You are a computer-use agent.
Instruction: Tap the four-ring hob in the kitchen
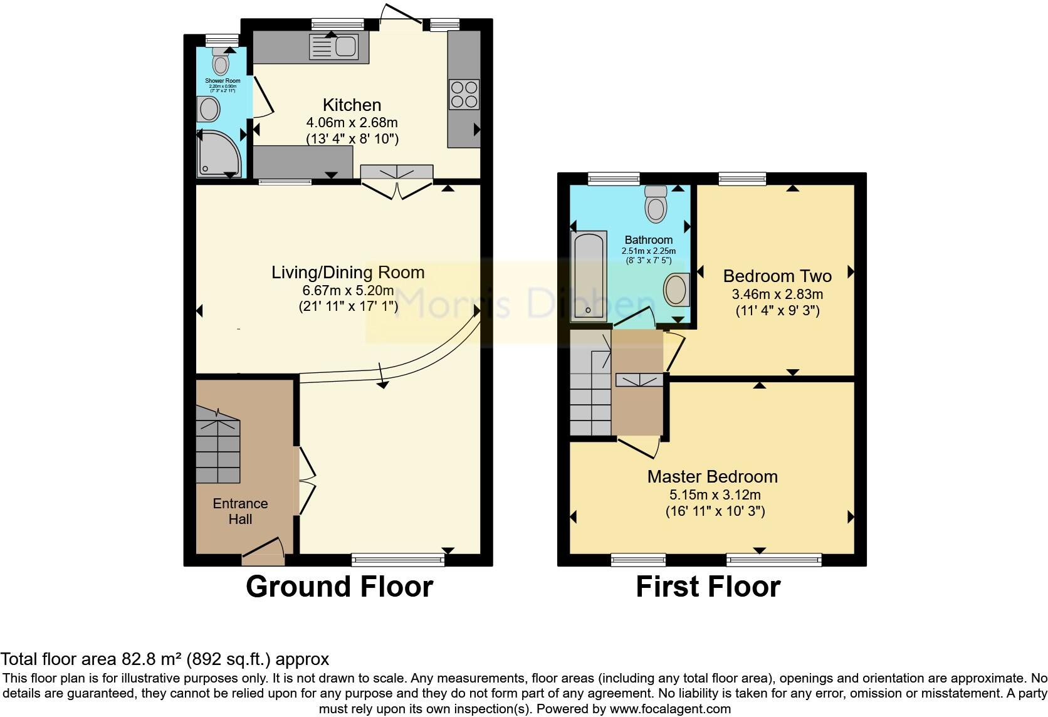coord(464,95)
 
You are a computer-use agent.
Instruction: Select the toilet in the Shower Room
coord(220,63)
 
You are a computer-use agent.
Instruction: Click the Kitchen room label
coord(352,105)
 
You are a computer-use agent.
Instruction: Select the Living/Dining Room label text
coord(348,273)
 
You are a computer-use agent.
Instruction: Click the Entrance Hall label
coord(240,511)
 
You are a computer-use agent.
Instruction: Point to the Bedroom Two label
coord(777,276)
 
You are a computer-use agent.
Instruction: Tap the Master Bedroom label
coord(713,476)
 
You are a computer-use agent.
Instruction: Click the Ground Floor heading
coord(339,587)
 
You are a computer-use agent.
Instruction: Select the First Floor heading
coord(708,587)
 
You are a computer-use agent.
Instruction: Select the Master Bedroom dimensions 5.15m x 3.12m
coord(715,495)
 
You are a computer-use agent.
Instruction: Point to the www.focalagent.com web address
coord(670,709)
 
